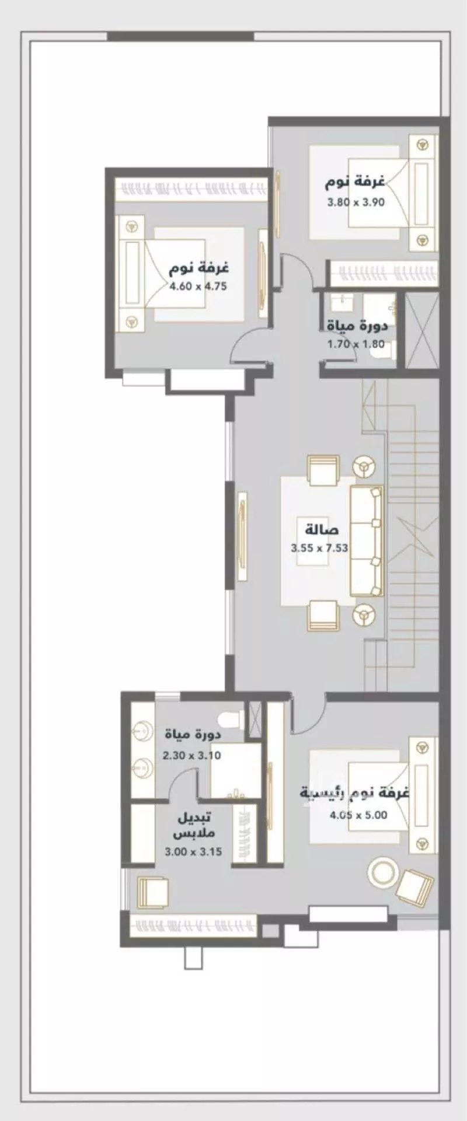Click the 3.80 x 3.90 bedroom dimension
point(356,203)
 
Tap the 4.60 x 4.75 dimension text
point(198,287)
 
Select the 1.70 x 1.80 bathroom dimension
point(356,344)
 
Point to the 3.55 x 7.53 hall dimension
point(319,548)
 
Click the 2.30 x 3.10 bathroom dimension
point(191,755)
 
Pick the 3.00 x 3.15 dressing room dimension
point(193,851)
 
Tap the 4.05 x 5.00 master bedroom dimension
point(358,815)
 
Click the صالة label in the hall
point(321,530)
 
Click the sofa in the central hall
point(367,542)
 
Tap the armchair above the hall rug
point(323,471)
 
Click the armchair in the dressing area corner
point(152,893)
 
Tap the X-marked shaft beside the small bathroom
point(421,330)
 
